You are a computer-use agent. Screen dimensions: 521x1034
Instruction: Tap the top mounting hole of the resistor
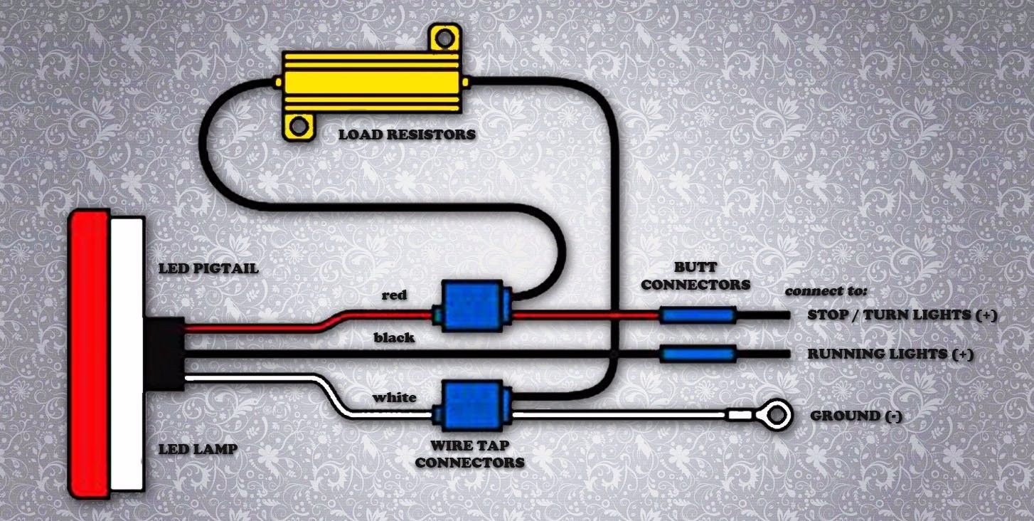coord(444,36)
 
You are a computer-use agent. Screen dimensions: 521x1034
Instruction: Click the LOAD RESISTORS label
coord(407,134)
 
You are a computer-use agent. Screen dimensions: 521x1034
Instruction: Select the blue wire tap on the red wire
coord(473,305)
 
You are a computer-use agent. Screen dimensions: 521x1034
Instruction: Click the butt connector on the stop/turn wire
coord(696,315)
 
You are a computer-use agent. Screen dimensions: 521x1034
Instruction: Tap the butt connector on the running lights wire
coord(698,354)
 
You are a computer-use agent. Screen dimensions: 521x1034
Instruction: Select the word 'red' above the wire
coord(394,295)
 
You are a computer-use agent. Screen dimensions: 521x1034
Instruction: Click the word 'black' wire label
coord(394,337)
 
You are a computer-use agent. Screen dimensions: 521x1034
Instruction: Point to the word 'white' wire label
coord(395,397)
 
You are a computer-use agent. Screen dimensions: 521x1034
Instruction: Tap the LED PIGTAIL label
coord(208,269)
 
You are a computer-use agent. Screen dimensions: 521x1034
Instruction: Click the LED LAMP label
coord(198,449)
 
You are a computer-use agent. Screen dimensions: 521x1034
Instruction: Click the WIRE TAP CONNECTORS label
coord(469,455)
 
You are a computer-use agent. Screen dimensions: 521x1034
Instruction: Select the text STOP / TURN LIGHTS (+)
coord(902,315)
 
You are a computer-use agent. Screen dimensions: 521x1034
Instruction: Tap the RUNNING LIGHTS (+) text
coord(890,354)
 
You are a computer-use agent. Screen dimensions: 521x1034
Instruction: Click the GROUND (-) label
coord(856,416)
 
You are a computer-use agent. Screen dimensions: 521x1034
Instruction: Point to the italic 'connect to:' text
coord(826,292)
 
